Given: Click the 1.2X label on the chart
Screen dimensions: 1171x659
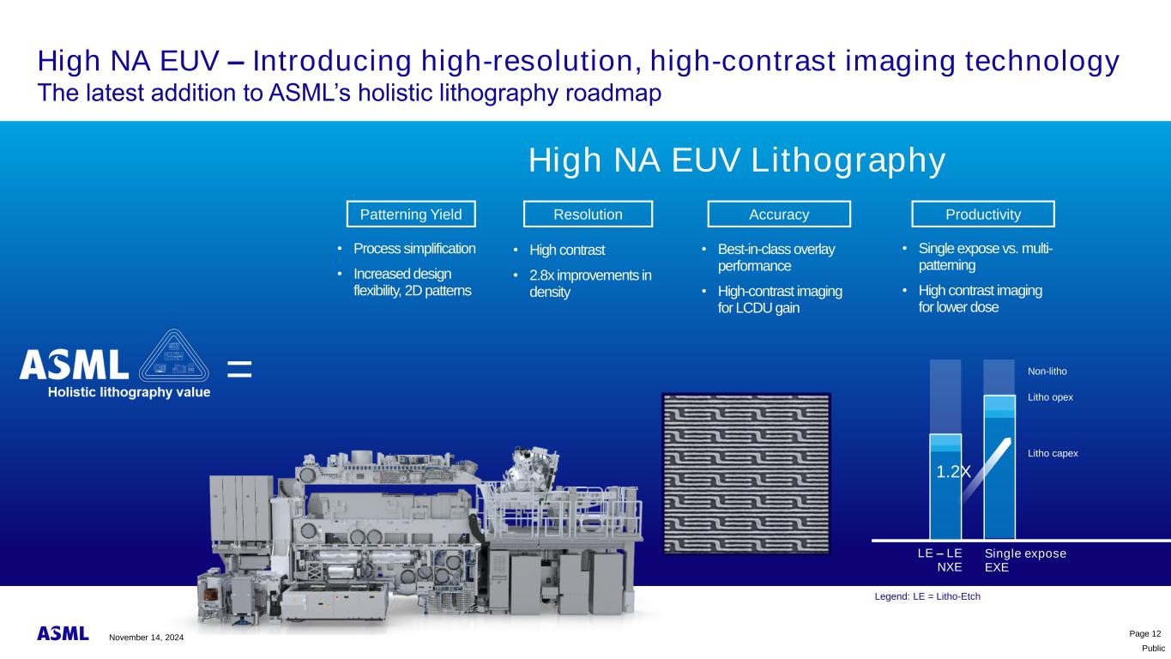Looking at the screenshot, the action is point(953,472).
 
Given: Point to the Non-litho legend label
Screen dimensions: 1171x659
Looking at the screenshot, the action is point(1047,372).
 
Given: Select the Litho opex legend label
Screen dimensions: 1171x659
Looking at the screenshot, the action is point(1050,397).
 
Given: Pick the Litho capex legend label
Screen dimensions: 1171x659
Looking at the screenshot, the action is point(1053,453).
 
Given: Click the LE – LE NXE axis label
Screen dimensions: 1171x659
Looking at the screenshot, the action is point(939,560).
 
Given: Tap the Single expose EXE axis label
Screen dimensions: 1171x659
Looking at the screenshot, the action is point(1025,560).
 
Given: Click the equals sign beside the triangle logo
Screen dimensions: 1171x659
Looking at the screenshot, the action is point(239,369).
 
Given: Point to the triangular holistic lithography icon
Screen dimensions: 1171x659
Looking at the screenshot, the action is point(173,357).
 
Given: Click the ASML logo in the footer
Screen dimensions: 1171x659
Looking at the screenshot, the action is point(63,633).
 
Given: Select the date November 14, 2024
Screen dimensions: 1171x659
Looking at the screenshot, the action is point(147,638).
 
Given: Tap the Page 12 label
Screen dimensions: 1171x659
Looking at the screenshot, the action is point(1145,634).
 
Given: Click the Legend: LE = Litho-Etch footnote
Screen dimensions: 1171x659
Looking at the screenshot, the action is point(927,596).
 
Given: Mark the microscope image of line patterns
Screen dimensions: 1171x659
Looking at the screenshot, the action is point(746,474).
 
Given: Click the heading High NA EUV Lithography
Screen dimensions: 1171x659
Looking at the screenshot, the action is point(737,160).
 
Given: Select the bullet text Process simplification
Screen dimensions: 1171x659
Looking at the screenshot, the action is point(414,249).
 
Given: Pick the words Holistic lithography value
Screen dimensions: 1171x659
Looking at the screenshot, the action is point(130,392).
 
